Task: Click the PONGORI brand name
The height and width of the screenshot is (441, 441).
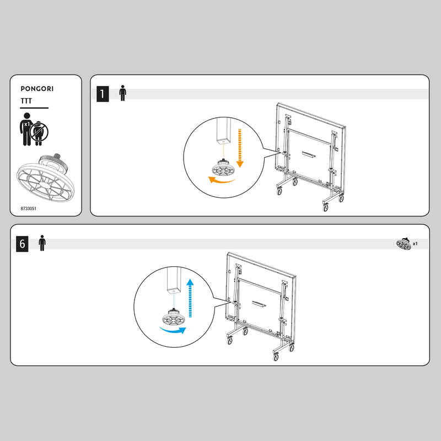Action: click(x=37, y=89)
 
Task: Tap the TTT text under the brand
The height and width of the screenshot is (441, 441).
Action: click(x=26, y=101)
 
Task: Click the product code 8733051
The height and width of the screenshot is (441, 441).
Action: click(x=29, y=208)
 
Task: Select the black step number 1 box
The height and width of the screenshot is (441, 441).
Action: click(x=103, y=94)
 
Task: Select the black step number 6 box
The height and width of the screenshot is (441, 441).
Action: click(x=22, y=244)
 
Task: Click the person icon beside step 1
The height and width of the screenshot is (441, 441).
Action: click(x=122, y=93)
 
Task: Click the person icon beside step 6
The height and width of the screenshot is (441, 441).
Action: click(x=42, y=243)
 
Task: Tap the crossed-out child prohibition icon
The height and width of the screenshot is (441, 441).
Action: click(x=39, y=132)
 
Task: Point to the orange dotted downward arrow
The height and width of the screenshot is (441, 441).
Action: click(x=240, y=148)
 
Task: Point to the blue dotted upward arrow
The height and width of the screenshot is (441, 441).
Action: click(x=190, y=298)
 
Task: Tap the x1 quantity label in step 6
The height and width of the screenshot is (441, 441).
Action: click(x=415, y=244)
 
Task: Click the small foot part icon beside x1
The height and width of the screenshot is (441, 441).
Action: click(x=404, y=244)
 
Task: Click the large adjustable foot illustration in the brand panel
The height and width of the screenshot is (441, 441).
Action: click(x=46, y=178)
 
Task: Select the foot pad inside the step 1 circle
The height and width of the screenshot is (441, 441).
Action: click(x=224, y=168)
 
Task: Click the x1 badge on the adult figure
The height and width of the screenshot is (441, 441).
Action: click(x=26, y=124)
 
